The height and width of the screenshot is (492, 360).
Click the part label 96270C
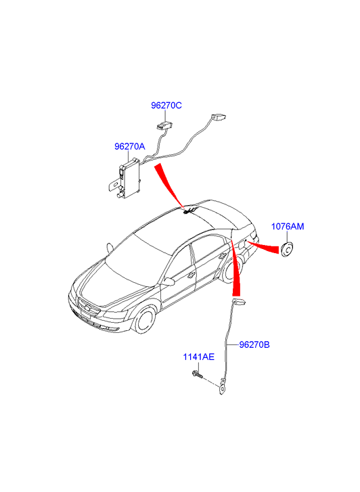point(166,106)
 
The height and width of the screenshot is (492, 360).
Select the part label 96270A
point(130,146)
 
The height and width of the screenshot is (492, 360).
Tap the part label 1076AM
point(288,226)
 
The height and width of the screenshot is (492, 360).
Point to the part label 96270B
point(254,344)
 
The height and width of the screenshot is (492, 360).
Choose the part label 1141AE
point(199,357)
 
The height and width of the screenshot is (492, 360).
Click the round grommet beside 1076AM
point(287,249)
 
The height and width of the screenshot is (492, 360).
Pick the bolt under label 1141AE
point(197,374)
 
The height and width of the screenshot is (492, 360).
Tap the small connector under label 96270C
point(164,125)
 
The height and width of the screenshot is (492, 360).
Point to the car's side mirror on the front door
point(168,282)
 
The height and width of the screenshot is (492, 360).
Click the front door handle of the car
point(190,276)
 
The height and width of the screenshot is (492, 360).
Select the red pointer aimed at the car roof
point(169,185)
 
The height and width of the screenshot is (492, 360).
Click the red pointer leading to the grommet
point(263,247)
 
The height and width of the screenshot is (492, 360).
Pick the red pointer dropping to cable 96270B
point(235,269)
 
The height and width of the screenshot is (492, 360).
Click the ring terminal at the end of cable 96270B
point(222,389)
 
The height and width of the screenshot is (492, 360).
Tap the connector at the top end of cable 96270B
point(239,302)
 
